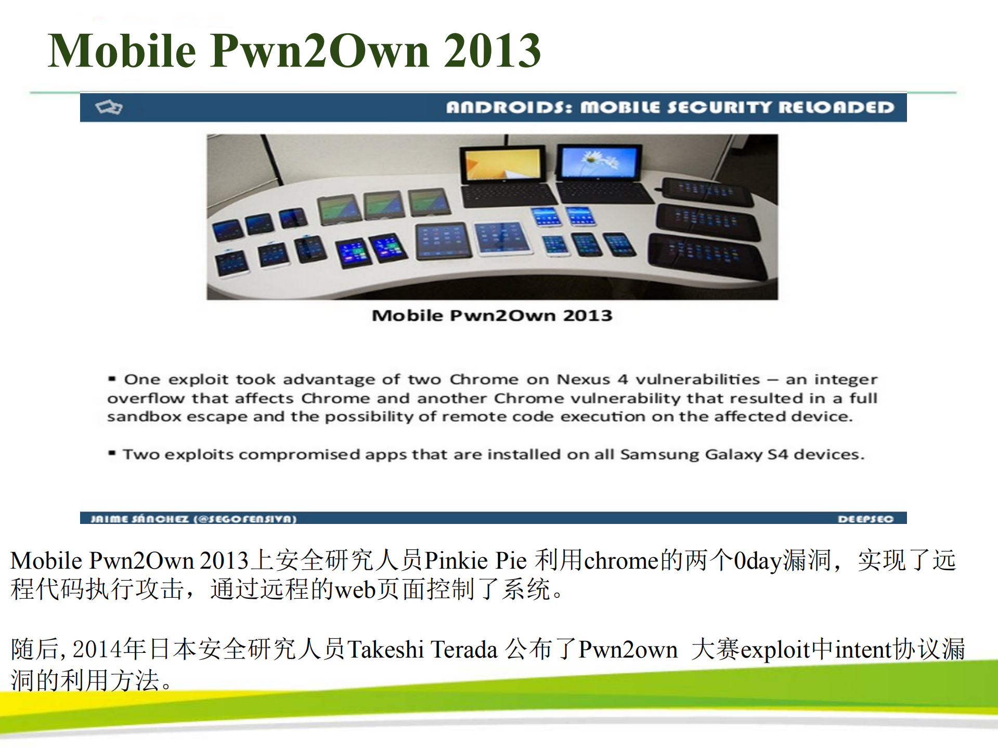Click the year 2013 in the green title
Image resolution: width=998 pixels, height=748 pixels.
pyautogui.click(x=492, y=50)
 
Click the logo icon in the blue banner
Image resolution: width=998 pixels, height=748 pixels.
pyautogui.click(x=109, y=107)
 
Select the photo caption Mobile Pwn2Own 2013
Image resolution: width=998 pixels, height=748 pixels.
pyautogui.click(x=492, y=316)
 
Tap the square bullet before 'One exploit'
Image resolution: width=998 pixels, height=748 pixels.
pyautogui.click(x=112, y=379)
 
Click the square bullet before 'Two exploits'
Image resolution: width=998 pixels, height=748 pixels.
pyautogui.click(x=112, y=453)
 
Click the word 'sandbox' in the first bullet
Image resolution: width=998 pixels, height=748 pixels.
pyautogui.click(x=144, y=417)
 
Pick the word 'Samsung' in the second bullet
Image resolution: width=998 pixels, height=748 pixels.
pyautogui.click(x=659, y=454)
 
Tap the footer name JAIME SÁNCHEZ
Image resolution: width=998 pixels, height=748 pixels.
pyautogui.click(x=139, y=519)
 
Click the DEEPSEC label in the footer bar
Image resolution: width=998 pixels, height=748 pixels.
pyautogui.click(x=865, y=519)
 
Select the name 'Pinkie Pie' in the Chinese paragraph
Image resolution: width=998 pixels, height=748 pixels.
pyautogui.click(x=476, y=561)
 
